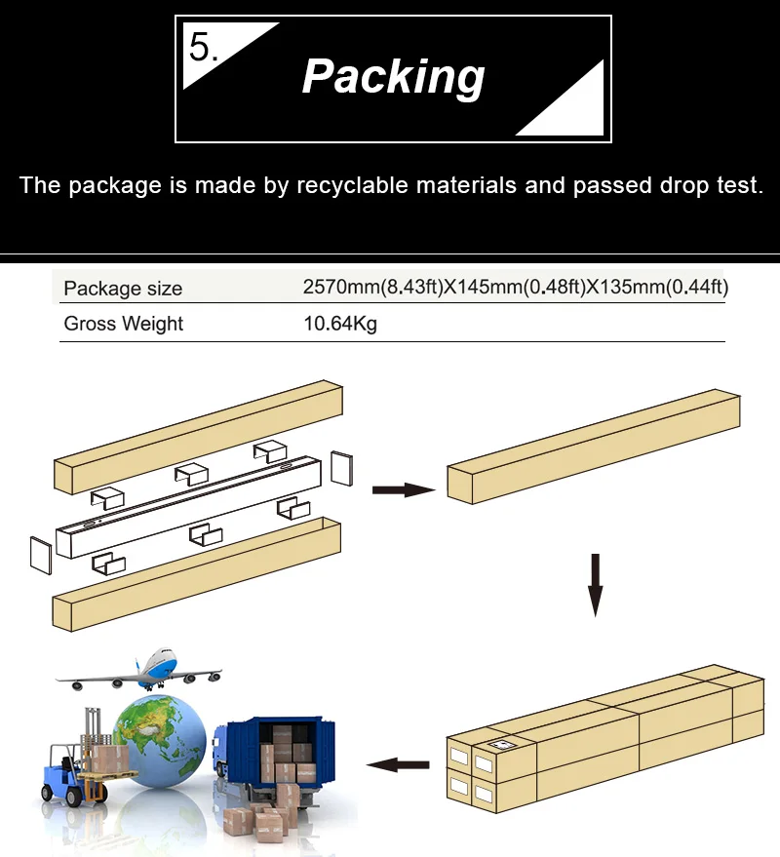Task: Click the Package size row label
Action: coord(123,288)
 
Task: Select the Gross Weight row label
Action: coord(124,324)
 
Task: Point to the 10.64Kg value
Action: coord(340,324)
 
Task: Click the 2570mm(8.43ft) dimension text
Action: coord(372,287)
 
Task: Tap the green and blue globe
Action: coord(160,741)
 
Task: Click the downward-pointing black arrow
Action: coord(596,585)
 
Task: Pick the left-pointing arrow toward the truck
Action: coord(398,764)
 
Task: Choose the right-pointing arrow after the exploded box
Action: coord(404,489)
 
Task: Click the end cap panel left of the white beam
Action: coord(41,556)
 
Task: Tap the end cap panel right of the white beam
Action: coord(341,468)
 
